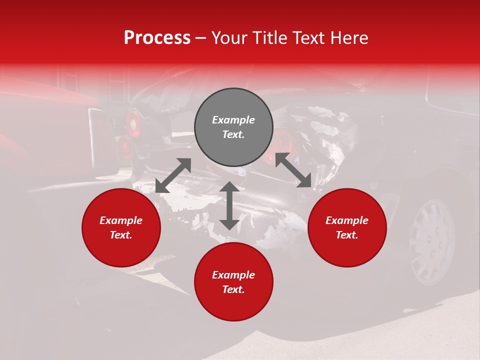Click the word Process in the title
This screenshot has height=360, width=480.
pyautogui.click(x=157, y=38)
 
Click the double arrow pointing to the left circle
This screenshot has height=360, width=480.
pyautogui.click(x=173, y=175)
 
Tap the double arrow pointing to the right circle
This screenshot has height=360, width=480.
pyautogui.click(x=293, y=170)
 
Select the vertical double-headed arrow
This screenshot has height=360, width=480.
pyautogui.click(x=229, y=206)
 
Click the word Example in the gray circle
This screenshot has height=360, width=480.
pyautogui.click(x=233, y=120)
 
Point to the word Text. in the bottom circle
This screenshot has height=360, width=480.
pyautogui.click(x=233, y=289)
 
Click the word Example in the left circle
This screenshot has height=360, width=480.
pyautogui.click(x=121, y=220)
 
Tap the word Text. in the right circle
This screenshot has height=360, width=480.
pyautogui.click(x=347, y=235)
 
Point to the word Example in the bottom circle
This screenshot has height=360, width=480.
pyautogui.click(x=233, y=275)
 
